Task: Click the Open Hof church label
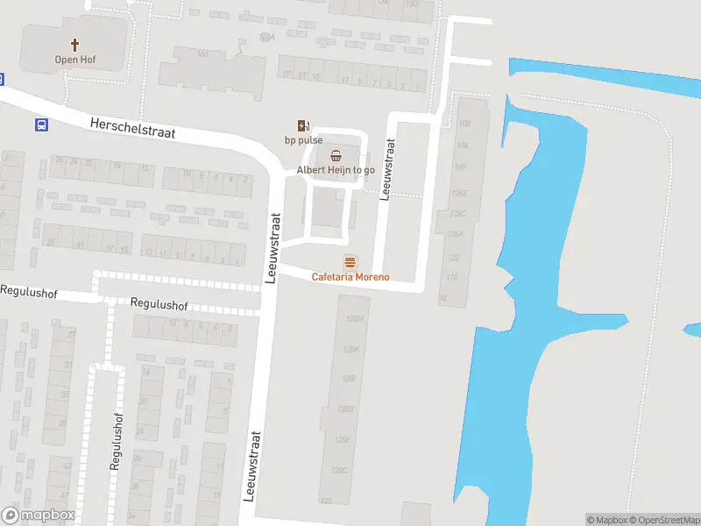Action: pos(74,60)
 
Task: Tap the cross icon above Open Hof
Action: pos(74,44)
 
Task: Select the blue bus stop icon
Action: pos(40,125)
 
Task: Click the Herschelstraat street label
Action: pos(132,129)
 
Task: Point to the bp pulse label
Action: pos(303,140)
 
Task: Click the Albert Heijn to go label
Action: pos(336,170)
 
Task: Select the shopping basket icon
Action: pos(336,155)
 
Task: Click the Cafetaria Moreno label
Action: pos(350,277)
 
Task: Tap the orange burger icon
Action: pos(350,262)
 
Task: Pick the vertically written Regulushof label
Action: pos(116,442)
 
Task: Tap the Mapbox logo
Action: pos(38,515)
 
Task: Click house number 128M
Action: pos(353,318)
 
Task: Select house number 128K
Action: pos(351,349)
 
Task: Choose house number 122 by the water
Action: pos(454,258)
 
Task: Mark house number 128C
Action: pos(340,471)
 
